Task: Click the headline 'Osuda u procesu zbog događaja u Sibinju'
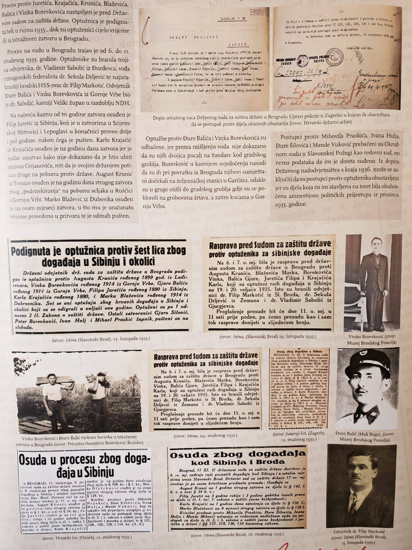85,466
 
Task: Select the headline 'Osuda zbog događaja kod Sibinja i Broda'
237,457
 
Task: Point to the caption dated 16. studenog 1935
237,534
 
